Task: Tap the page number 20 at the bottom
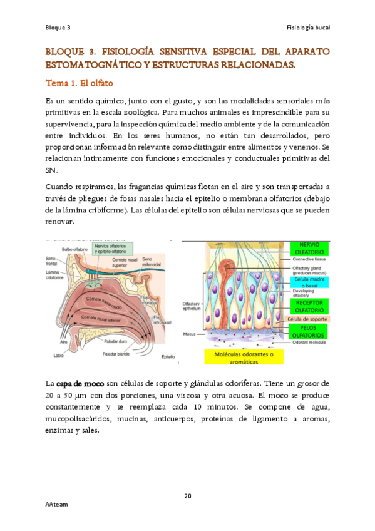187,497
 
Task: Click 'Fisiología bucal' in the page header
308,28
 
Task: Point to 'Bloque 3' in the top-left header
58,28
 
